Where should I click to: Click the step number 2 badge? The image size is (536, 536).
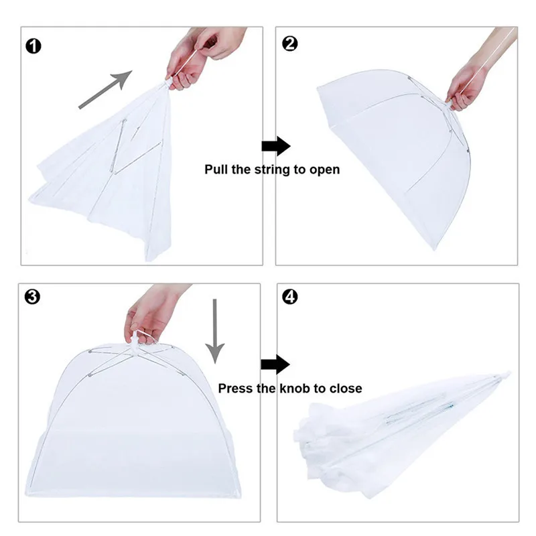point(290,44)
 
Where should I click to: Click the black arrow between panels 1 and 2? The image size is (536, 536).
point(275,146)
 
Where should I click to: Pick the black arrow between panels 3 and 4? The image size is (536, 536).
point(275,364)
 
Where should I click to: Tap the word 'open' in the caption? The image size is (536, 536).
point(324,170)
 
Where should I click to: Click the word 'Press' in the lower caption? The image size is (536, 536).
point(236,389)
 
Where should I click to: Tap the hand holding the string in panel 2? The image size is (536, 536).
point(469,84)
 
